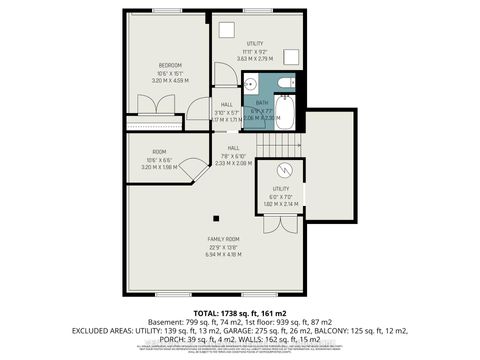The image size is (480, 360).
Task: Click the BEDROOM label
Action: pyautogui.click(x=167, y=65)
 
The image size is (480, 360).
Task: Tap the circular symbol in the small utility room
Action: pyautogui.click(x=283, y=168)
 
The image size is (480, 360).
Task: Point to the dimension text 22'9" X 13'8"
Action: pyautogui.click(x=222, y=248)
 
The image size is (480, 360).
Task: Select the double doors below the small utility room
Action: pyautogui.click(x=282, y=212)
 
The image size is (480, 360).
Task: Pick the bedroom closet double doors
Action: pyautogui.click(x=155, y=123)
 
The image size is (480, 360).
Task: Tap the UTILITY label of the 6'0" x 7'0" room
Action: pyautogui.click(x=281, y=188)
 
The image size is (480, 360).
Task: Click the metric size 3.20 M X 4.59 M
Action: pyautogui.click(x=167, y=80)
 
